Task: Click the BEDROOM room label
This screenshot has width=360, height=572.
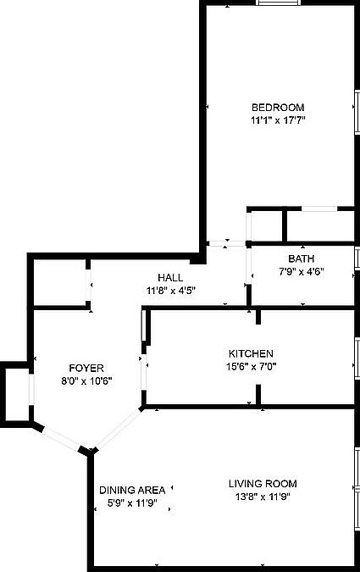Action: [x=278, y=108]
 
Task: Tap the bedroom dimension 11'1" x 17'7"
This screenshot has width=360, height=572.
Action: [x=278, y=120]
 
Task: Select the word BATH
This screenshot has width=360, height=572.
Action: [x=302, y=259]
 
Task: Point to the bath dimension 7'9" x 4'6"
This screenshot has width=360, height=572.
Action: [x=302, y=272]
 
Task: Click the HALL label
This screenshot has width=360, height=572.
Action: [x=170, y=278]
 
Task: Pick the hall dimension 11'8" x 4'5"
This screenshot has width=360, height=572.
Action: [x=171, y=291]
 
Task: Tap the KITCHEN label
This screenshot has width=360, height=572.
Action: [x=251, y=353]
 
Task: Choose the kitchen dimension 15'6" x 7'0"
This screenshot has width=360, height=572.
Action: [x=252, y=366]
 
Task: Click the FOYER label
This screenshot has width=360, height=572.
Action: [x=86, y=368]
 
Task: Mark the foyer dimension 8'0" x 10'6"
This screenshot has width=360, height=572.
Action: [x=86, y=381]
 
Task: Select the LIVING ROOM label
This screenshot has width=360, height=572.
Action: [x=263, y=484]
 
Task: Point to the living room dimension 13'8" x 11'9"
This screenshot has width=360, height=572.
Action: [x=263, y=497]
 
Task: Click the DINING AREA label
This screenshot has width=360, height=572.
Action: [x=132, y=491]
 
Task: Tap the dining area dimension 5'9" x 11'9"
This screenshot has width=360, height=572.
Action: [x=132, y=503]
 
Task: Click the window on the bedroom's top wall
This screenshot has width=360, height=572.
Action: [x=279, y=3]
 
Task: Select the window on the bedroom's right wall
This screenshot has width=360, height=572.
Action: [x=357, y=111]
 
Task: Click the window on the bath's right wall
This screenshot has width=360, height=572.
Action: [x=357, y=259]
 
